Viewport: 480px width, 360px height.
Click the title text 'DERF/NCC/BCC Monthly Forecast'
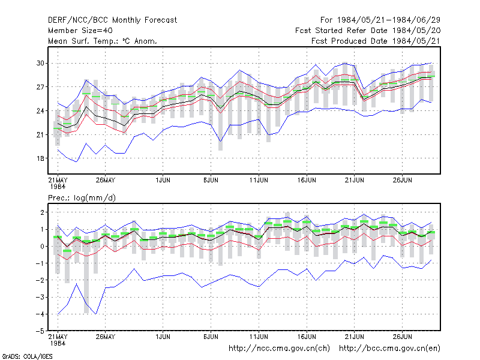[112, 20]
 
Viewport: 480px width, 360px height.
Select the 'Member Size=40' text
[80, 31]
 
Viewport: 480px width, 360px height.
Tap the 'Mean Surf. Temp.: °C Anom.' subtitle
[103, 41]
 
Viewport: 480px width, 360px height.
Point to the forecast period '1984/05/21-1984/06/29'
[388, 20]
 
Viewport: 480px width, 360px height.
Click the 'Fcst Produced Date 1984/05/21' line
[376, 41]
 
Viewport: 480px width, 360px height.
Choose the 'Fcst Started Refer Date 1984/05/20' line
[368, 31]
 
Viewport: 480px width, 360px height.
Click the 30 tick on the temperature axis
[40, 64]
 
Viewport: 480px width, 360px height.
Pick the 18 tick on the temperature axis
[40, 158]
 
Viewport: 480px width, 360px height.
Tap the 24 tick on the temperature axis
[40, 111]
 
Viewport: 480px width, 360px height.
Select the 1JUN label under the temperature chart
[163, 180]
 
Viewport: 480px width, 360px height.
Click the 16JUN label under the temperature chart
[307, 180]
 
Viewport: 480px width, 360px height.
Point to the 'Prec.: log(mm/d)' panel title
[82, 198]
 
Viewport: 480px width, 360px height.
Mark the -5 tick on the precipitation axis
[40, 331]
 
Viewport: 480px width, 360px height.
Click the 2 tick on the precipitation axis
[42, 212]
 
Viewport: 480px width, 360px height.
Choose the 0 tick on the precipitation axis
[42, 247]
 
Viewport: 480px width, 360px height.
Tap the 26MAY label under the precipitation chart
[106, 337]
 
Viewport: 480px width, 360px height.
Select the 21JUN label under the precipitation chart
[355, 337]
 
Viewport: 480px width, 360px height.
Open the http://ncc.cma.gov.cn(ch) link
[279, 349]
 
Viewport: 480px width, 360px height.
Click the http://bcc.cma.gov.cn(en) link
[389, 349]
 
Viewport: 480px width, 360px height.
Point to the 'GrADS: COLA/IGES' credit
[27, 356]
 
